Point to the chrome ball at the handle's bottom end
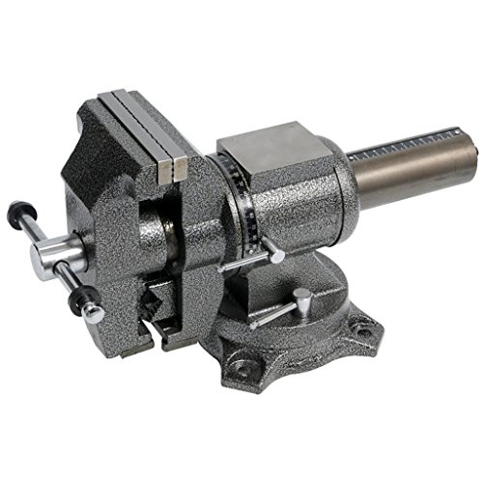(x=91, y=311)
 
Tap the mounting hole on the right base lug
(x=366, y=332)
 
